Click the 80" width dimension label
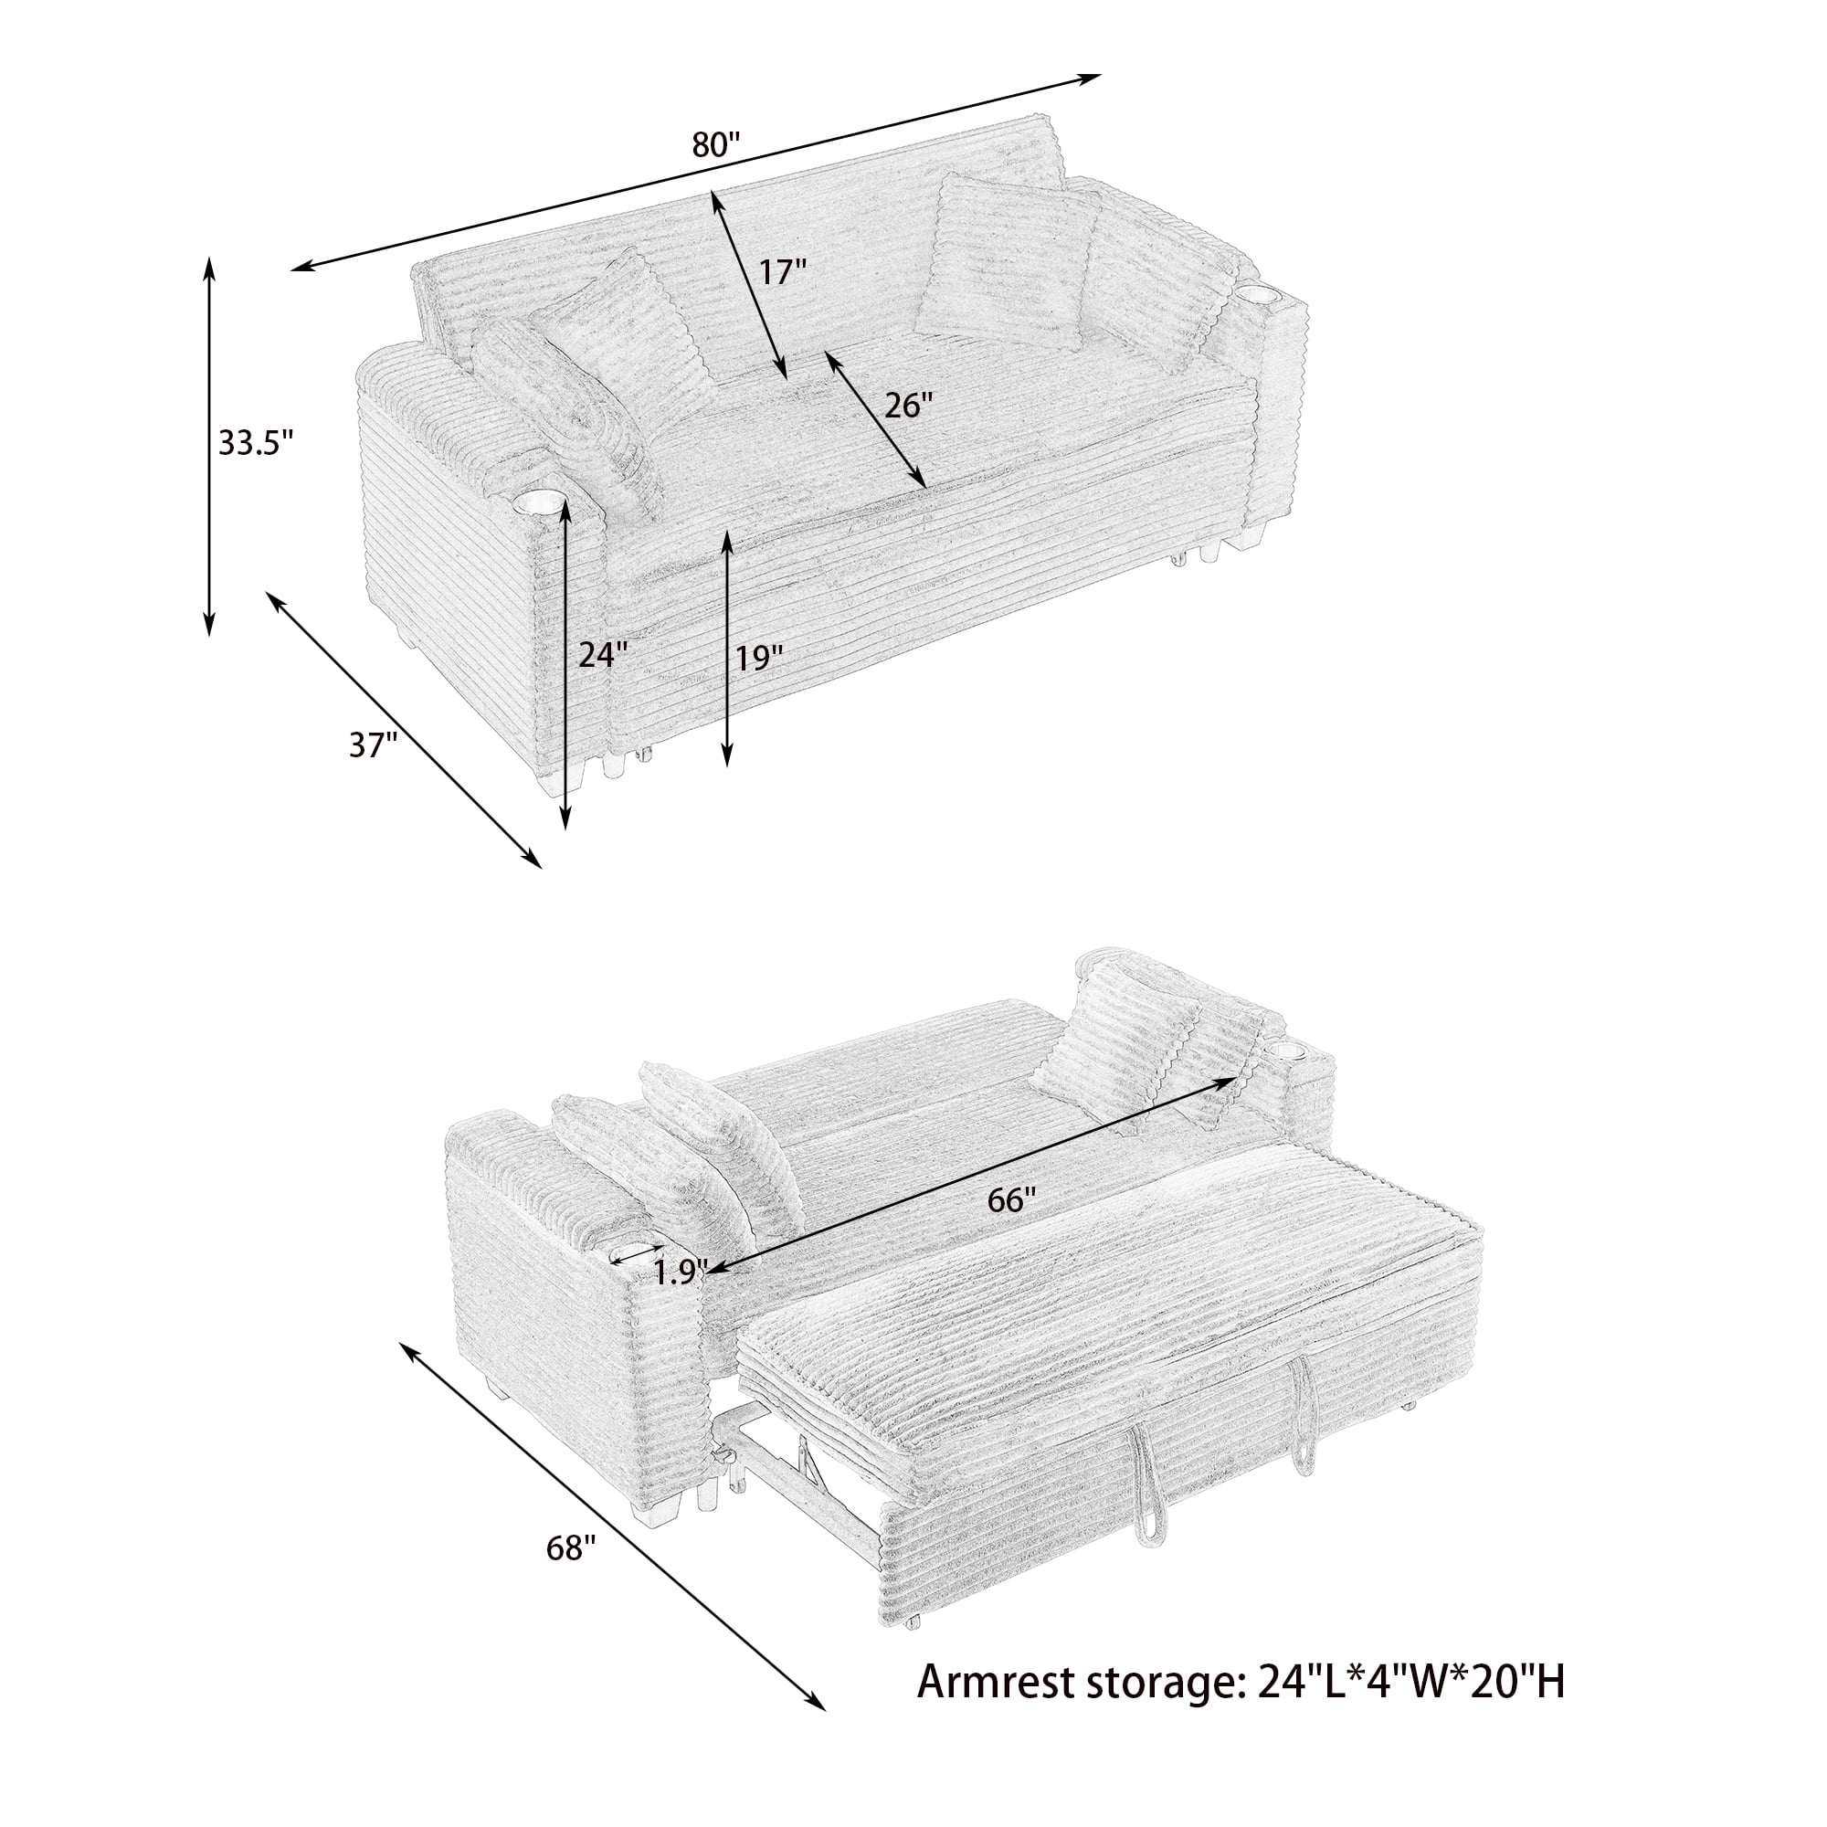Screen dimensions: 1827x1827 [x=715, y=144]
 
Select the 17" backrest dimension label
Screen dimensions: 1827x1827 [x=782, y=272]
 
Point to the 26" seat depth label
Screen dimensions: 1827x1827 [x=908, y=406]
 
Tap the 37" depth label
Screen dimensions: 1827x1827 [x=372, y=745]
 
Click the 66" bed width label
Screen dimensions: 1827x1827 [x=1012, y=1200]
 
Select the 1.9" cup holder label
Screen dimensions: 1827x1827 [x=680, y=1272]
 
